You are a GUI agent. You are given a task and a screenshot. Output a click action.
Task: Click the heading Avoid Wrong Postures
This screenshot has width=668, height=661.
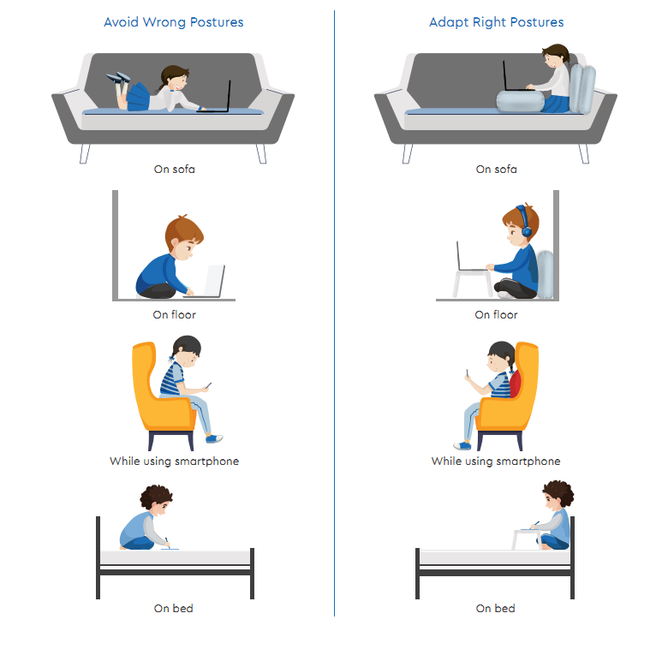pyautogui.click(x=173, y=22)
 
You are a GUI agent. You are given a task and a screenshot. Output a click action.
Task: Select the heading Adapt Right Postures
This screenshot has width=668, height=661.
pyautogui.click(x=497, y=22)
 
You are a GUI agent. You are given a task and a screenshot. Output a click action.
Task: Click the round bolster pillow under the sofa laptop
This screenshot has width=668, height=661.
pyautogui.click(x=520, y=101)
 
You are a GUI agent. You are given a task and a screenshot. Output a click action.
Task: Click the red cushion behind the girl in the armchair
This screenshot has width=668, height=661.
pyautogui.click(x=515, y=384)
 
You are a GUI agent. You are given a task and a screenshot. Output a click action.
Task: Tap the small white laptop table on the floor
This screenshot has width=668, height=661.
pyautogui.click(x=472, y=282)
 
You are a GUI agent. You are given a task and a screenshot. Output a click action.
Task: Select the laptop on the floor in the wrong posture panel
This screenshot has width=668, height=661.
pyautogui.click(x=209, y=282)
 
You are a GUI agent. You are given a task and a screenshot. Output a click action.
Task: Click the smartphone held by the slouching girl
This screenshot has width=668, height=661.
pyautogui.click(x=208, y=385)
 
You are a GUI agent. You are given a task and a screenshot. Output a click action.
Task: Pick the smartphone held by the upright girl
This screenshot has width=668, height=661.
pyautogui.click(x=467, y=373)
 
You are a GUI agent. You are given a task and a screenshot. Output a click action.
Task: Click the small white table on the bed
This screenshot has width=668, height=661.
pyautogui.click(x=527, y=539)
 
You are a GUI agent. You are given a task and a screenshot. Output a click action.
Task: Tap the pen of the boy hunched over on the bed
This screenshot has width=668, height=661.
pyautogui.click(x=167, y=542)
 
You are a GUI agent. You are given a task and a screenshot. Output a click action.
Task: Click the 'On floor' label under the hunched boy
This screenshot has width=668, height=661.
pyautogui.click(x=174, y=315)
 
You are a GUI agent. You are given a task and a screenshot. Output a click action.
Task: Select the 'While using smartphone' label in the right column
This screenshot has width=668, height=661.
pyautogui.click(x=496, y=462)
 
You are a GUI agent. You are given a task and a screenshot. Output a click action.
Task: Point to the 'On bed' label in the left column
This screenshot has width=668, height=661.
pyautogui.click(x=173, y=608)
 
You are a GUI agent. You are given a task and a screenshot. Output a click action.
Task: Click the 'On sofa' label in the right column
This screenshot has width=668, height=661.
pyautogui.click(x=497, y=169)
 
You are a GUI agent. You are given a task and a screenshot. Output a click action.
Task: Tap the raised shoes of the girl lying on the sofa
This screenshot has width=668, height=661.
pyautogui.click(x=118, y=78)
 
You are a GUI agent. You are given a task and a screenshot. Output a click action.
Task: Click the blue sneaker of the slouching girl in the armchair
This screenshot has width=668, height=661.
pyautogui.click(x=214, y=438)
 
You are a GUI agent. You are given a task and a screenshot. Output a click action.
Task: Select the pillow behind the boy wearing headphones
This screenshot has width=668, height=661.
pyautogui.click(x=545, y=274)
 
